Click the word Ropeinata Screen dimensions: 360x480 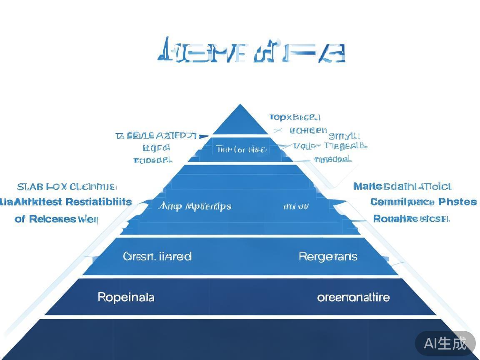126,297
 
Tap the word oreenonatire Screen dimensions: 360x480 353,297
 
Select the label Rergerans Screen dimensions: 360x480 328,256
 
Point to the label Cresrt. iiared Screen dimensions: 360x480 157,256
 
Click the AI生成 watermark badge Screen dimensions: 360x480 445,343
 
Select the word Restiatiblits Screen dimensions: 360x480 99,202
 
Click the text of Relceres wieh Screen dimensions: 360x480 56,219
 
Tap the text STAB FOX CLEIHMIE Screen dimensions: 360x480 67,187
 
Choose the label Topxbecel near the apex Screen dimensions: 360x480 295,117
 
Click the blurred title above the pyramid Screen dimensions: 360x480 251,52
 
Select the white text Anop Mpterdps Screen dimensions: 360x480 195,206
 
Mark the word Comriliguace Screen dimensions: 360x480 402,202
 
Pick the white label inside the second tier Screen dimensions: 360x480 241,149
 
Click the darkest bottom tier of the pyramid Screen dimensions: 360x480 240,338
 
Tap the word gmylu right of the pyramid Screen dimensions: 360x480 344,135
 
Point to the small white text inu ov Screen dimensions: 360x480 296,206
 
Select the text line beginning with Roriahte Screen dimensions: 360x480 411,219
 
